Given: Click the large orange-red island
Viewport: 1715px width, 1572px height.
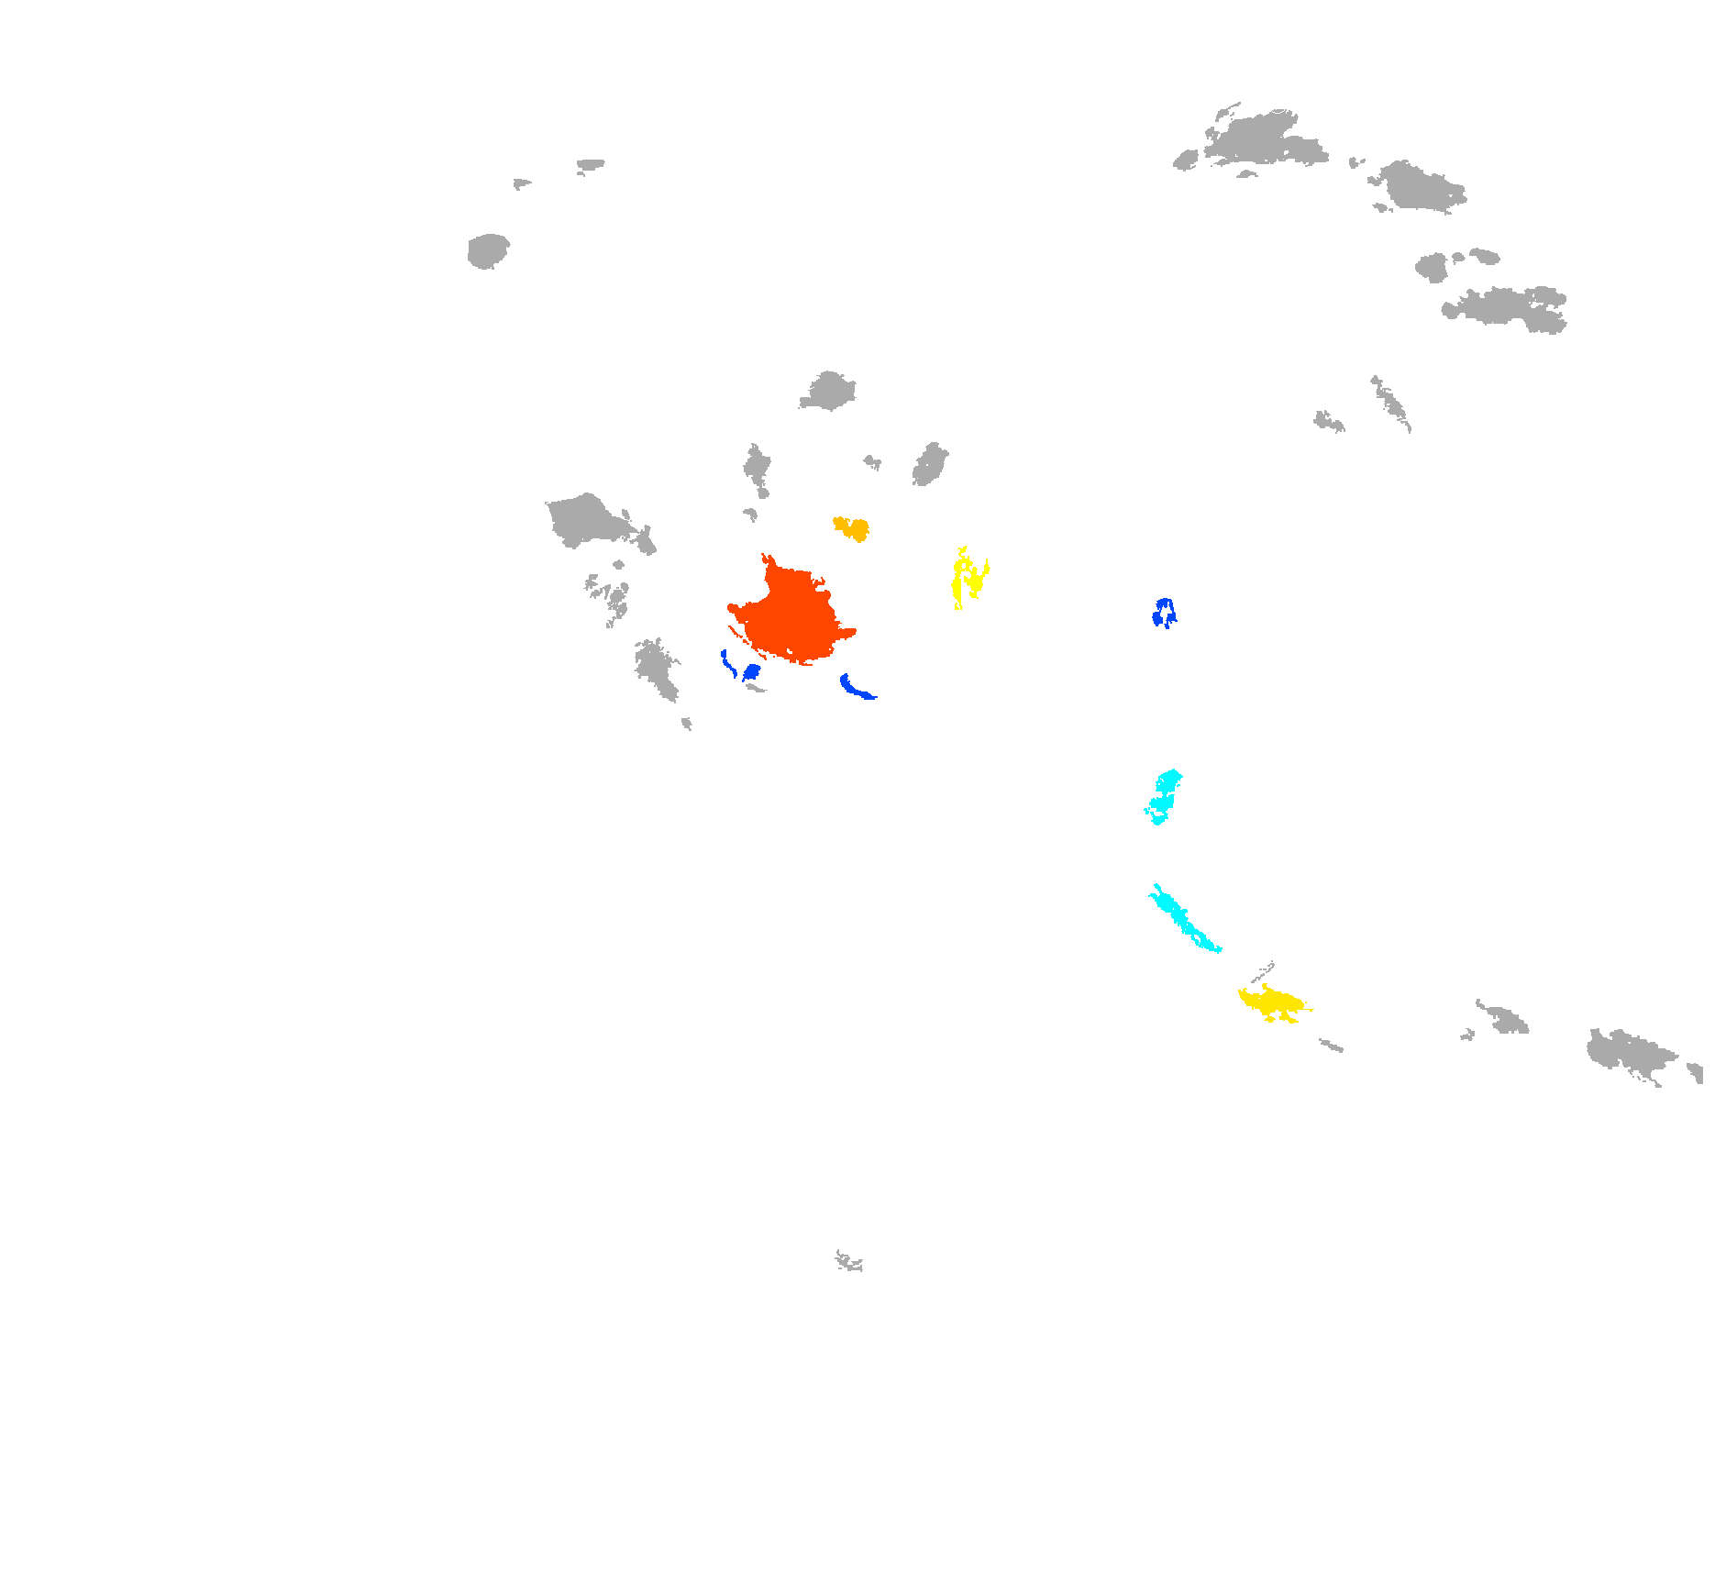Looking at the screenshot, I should click(x=793, y=614).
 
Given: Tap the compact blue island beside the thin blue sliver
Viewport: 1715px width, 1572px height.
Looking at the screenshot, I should click(x=752, y=672).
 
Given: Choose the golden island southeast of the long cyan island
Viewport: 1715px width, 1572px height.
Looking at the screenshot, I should click(x=1273, y=1002).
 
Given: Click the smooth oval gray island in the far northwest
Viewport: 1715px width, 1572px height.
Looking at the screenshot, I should click(x=488, y=250).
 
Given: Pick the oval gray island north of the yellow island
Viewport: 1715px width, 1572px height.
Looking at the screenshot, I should click(x=930, y=464).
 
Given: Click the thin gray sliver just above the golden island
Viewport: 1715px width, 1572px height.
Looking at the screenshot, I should click(x=1264, y=972).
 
